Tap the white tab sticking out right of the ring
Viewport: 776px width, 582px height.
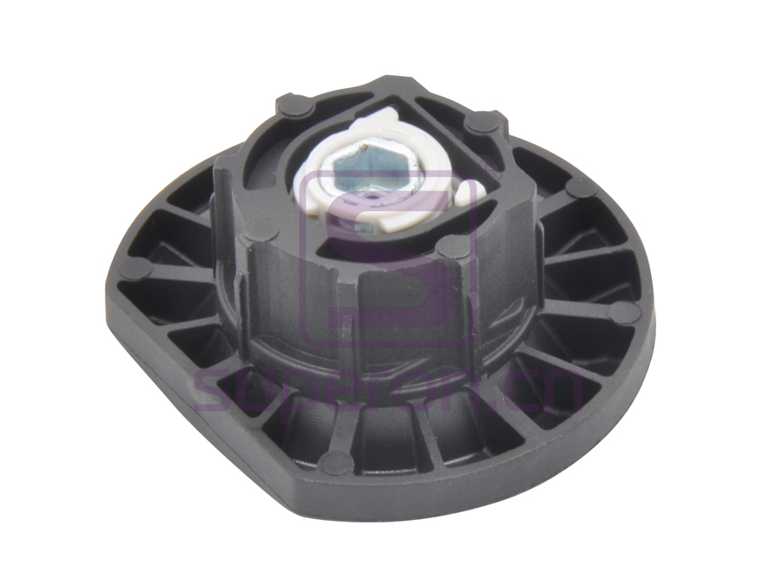point(469,195)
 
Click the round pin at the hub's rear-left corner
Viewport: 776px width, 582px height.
point(291,104)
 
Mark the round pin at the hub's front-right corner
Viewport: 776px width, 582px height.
point(447,247)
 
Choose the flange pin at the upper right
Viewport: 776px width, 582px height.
point(583,187)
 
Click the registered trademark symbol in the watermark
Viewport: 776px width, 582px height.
point(469,184)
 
